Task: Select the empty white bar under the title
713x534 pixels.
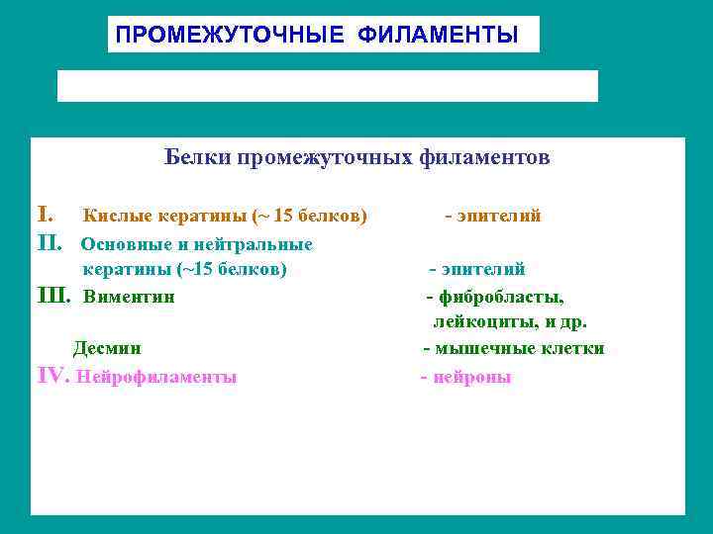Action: (328, 86)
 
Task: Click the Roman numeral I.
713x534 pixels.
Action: (43, 215)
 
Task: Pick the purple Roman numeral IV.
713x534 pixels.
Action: (51, 376)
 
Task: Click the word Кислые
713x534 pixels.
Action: (113, 216)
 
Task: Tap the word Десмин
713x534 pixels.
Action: (107, 349)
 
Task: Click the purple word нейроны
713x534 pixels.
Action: (470, 377)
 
